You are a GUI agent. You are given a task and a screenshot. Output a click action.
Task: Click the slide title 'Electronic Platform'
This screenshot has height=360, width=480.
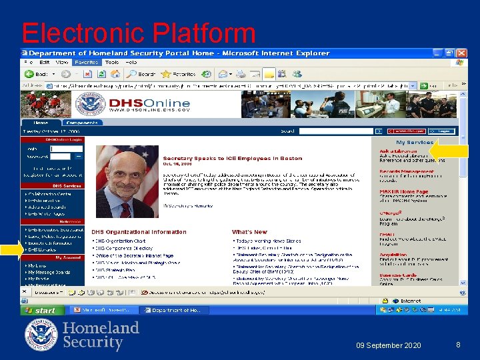tap(138, 33)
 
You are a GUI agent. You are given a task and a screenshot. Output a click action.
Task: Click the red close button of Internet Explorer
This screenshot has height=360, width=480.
tap(461, 53)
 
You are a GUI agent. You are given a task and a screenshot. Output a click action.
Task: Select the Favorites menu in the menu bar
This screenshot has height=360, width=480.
tap(86, 62)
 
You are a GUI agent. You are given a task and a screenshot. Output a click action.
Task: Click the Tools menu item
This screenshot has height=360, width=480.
tap(113, 62)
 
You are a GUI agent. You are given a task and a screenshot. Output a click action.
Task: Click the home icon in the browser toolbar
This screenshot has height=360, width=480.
tap(115, 74)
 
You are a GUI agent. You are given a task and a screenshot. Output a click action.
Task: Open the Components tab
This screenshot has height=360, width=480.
tap(83, 123)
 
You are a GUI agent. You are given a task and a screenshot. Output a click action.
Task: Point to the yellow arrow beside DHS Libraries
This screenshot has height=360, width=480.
tap(11, 251)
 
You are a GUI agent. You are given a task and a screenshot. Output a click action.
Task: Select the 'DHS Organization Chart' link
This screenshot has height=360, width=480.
tap(121, 241)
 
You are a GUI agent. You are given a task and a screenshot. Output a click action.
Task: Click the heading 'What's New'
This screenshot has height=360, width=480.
tap(249, 232)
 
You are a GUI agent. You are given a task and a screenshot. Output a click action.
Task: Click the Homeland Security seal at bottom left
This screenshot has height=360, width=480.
tap(41, 335)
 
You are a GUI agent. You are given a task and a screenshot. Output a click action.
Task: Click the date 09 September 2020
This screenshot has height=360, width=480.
tap(388, 345)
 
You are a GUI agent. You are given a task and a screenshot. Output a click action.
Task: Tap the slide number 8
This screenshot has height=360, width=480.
tap(458, 345)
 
